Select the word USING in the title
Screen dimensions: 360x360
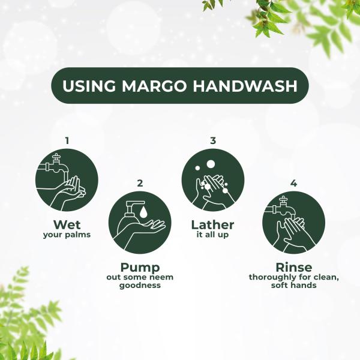pyautogui.click(x=88, y=86)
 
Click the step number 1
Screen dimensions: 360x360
pyautogui.click(x=67, y=140)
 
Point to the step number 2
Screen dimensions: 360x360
pyautogui.click(x=139, y=183)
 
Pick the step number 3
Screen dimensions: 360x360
pyautogui.click(x=212, y=140)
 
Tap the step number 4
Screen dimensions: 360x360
pyautogui.click(x=293, y=183)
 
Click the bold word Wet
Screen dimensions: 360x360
pyautogui.click(x=67, y=224)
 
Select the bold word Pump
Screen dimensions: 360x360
pyautogui.click(x=139, y=267)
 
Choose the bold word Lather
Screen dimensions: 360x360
pyautogui.click(x=212, y=224)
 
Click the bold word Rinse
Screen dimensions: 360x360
pyautogui.click(x=293, y=267)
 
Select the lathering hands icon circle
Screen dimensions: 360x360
pyautogui.click(x=212, y=179)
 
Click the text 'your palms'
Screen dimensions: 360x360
pyautogui.click(x=67, y=235)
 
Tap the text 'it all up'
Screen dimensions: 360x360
pyautogui.click(x=212, y=235)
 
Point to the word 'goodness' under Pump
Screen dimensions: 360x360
pyautogui.click(x=139, y=286)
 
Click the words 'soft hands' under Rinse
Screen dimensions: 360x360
pyautogui.click(x=293, y=286)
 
